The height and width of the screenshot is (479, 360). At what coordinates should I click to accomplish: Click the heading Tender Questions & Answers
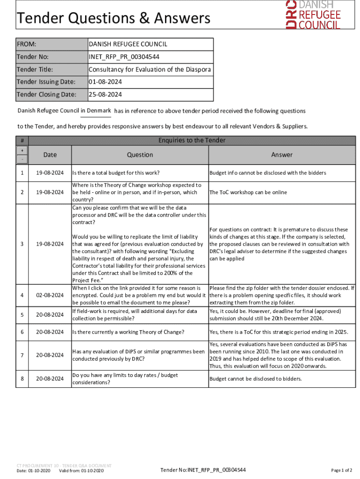114,19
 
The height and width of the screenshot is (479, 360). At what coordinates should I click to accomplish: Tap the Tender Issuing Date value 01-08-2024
105,82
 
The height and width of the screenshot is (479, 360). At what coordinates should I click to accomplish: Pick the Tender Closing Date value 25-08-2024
105,94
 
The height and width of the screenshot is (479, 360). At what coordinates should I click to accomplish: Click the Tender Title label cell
35,70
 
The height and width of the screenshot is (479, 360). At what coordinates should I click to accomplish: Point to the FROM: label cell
27,44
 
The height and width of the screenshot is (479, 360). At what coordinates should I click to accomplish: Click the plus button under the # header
22,150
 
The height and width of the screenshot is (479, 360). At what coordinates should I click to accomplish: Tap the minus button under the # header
22,160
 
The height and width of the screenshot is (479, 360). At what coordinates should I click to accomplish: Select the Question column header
139,155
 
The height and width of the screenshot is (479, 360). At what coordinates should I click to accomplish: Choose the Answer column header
281,155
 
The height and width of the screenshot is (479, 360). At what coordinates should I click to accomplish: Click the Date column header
50,155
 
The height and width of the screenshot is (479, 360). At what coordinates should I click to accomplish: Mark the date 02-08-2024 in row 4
50,295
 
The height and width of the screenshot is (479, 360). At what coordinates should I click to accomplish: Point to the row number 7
22,355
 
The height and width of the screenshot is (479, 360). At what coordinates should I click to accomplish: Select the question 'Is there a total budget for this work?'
115,173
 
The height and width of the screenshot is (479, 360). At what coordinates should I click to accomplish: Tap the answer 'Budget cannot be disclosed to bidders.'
256,379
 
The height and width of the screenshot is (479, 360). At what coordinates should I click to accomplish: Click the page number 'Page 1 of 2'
341,470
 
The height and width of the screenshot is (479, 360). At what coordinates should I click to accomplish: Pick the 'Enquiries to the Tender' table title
192,140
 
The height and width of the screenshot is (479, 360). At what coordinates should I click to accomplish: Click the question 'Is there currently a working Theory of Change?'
128,332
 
